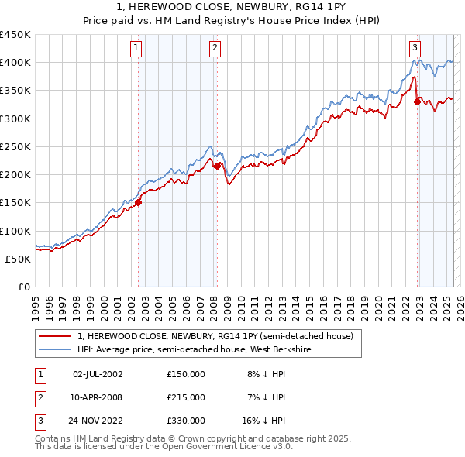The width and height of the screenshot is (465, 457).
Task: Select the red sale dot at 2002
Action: [139, 203]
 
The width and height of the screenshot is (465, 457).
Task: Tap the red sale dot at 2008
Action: [217, 166]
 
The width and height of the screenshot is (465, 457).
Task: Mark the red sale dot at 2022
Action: [417, 101]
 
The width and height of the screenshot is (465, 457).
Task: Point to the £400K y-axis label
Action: [15, 63]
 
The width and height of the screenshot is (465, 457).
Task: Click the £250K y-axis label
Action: [15, 146]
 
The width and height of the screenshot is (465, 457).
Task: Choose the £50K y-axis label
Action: [19, 259]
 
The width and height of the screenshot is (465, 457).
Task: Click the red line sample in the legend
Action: [55, 336]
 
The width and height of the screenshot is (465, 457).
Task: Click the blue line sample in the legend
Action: [55, 349]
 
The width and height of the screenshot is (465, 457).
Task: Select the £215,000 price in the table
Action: [186, 397]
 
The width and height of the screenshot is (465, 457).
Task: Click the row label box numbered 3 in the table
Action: [40, 421]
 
